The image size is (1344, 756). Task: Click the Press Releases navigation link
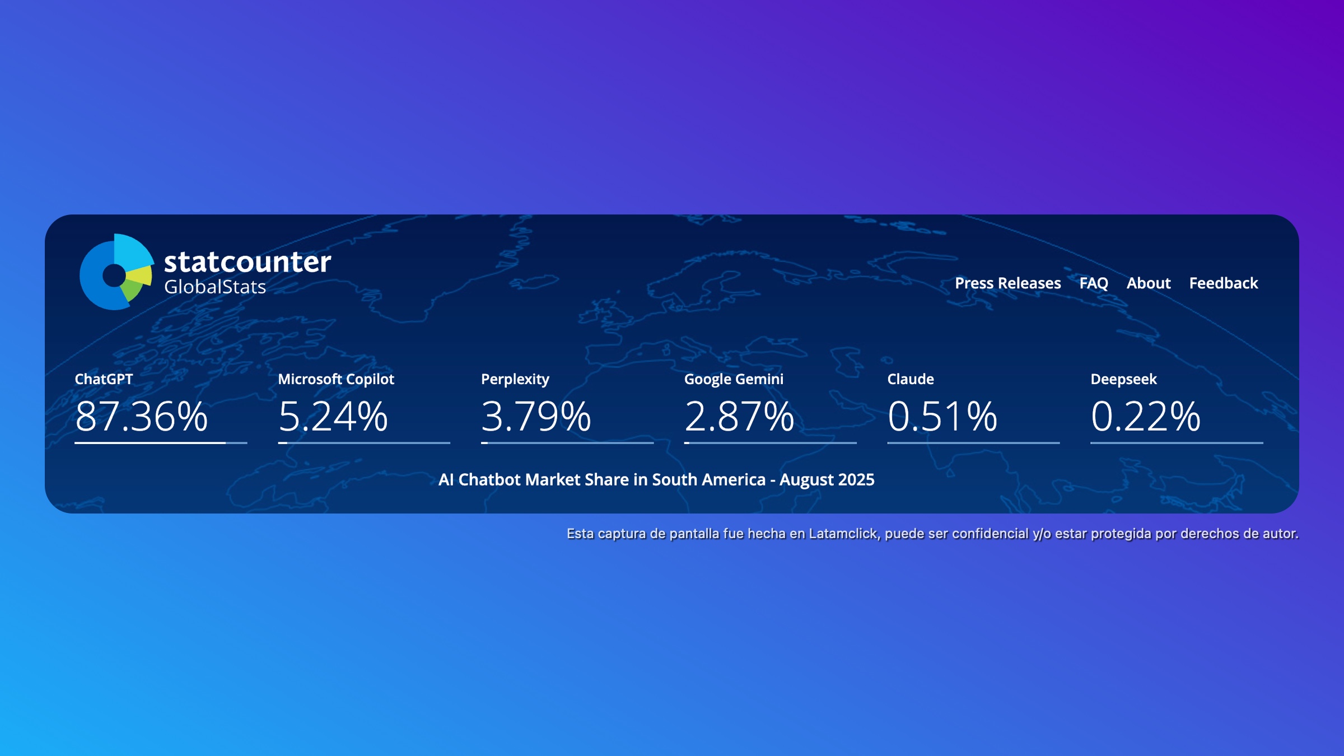point(1007,283)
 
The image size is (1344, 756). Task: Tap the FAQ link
point(1094,283)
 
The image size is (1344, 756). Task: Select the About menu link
point(1149,283)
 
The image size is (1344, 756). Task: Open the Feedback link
point(1224,283)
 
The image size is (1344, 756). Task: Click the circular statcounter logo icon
point(116,272)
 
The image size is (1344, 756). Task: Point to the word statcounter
point(248,262)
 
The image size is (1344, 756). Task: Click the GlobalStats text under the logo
point(215,287)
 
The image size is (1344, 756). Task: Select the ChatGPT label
point(104,379)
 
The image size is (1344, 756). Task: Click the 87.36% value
point(141,417)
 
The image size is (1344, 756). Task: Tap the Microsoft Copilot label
point(336,380)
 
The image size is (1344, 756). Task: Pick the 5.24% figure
point(333,417)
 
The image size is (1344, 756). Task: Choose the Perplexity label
point(515,380)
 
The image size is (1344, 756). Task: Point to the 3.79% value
point(536,417)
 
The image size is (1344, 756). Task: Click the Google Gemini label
point(734,380)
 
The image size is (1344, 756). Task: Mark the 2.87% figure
point(739,417)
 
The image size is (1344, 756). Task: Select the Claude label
point(911,379)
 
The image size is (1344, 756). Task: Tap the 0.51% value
point(942,417)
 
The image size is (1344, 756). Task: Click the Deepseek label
point(1123,380)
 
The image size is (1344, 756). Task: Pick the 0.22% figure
point(1146,417)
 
